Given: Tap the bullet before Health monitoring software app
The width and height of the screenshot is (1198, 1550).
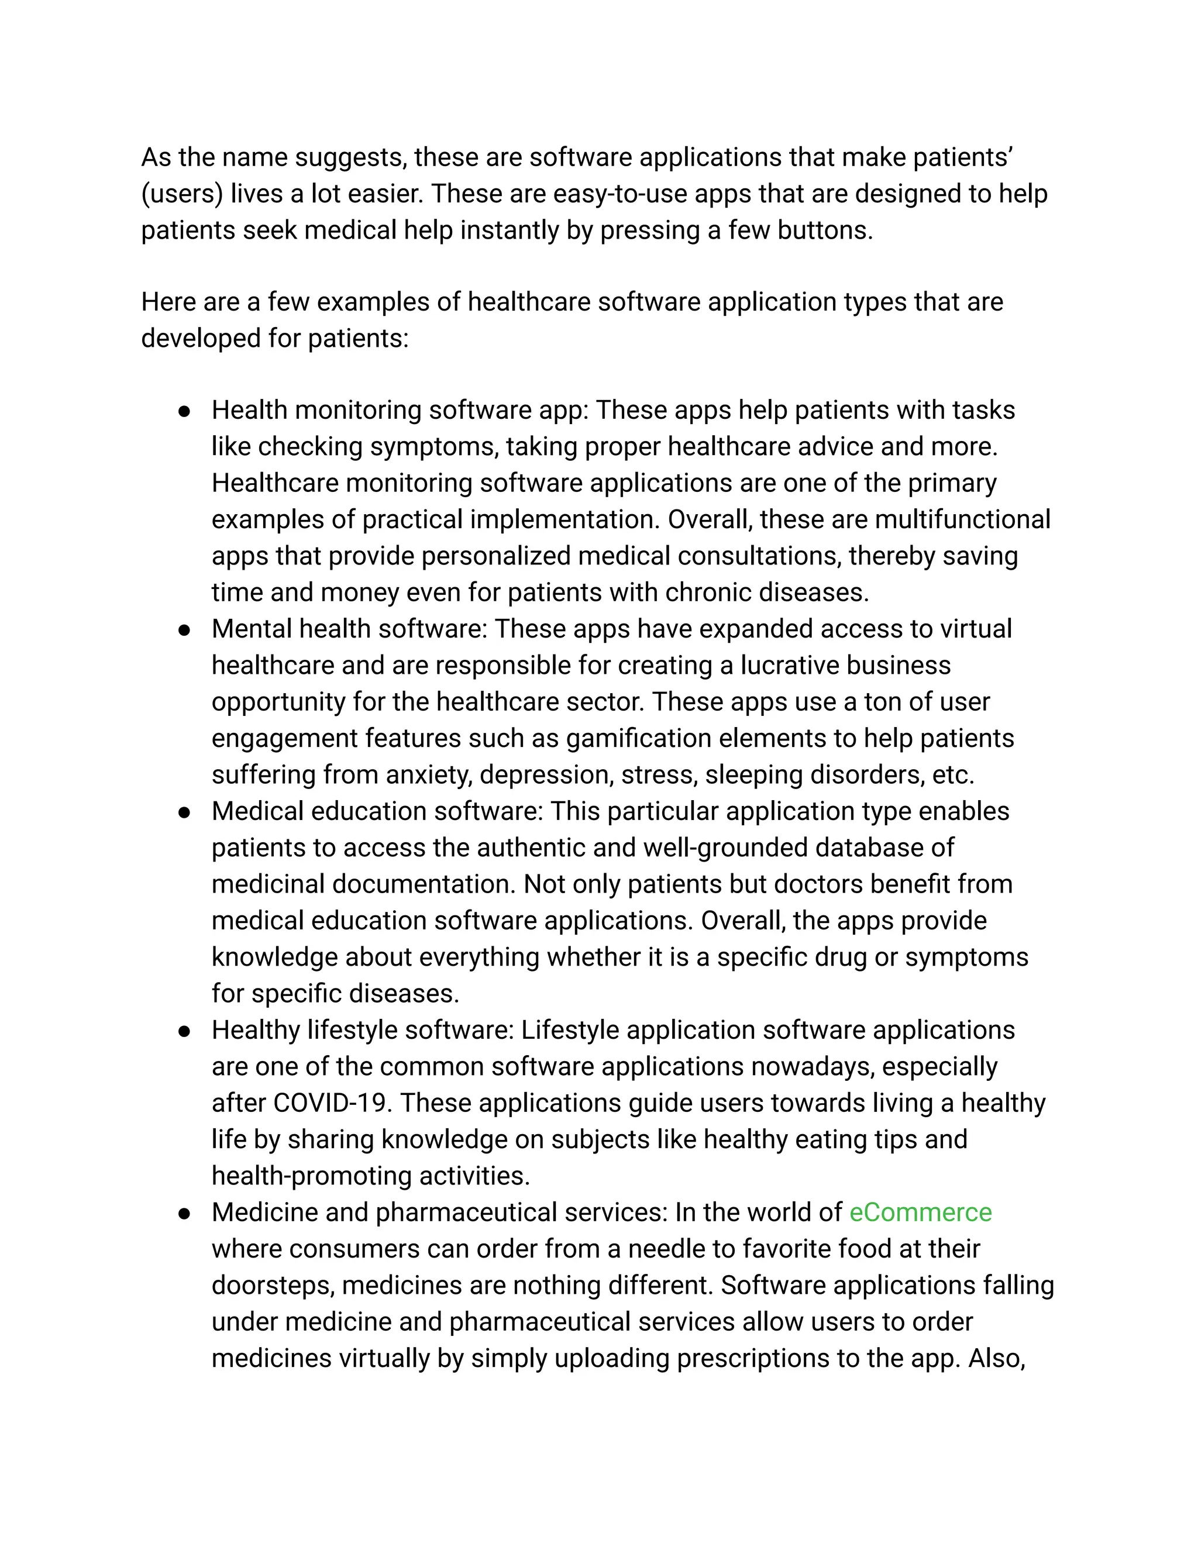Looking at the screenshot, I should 184,411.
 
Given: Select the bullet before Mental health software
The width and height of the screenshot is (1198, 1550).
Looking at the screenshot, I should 184,629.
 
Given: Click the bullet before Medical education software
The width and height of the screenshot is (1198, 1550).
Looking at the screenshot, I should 184,812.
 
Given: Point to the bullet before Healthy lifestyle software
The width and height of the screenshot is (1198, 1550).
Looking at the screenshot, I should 184,1031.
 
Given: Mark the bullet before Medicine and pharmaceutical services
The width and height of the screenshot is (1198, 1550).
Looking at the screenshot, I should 184,1213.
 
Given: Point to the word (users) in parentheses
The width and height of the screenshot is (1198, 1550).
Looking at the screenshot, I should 183,194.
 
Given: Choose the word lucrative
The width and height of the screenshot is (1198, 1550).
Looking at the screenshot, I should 789,666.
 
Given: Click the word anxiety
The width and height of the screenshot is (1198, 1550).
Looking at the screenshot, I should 428,774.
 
